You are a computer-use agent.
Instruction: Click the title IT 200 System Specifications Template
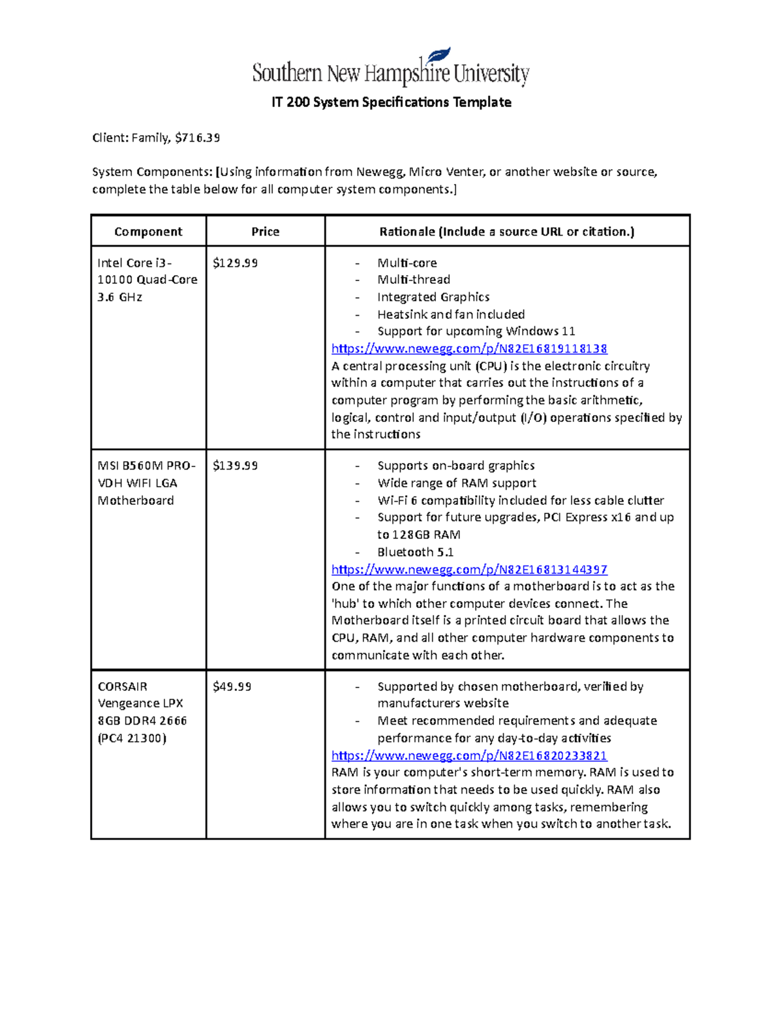(391, 102)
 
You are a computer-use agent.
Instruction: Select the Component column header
(148, 232)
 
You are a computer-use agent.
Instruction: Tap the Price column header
(265, 232)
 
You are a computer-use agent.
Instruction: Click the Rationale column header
(507, 232)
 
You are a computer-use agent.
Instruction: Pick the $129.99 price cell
(236, 263)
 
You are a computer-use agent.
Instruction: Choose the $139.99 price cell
(236, 466)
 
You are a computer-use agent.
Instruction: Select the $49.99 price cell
(232, 687)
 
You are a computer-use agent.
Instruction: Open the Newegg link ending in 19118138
(469, 349)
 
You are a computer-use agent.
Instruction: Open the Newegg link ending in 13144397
(469, 569)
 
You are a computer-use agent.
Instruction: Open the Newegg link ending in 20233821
(469, 755)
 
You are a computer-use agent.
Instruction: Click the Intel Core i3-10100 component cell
(147, 280)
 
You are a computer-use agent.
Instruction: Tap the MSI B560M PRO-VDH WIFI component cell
(146, 483)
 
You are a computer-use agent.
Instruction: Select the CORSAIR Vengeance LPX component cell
(142, 712)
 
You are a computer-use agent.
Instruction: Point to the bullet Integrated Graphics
(433, 297)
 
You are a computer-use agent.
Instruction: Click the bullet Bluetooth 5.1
(416, 552)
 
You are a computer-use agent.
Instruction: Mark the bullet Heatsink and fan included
(451, 314)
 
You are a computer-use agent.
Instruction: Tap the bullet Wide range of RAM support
(457, 483)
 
